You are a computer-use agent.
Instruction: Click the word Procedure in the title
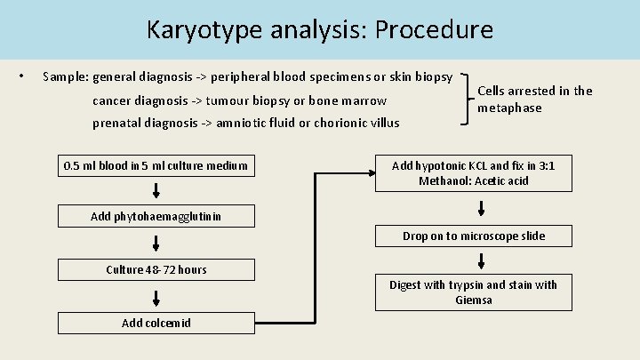pos(434,29)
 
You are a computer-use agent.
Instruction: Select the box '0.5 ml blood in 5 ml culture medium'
pos(156,164)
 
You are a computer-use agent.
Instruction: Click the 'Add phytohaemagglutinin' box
pos(156,216)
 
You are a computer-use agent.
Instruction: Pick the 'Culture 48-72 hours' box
pos(156,269)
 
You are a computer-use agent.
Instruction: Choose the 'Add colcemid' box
pos(156,322)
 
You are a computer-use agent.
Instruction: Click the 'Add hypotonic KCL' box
pos(473,172)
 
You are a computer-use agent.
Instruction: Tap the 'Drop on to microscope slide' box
pos(473,236)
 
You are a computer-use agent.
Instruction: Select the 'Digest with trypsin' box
pos(473,292)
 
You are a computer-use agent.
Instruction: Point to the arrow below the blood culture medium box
pos(156,190)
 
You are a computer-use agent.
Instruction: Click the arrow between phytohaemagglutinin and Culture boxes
pos(156,243)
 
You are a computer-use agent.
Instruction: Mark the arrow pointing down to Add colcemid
pos(156,295)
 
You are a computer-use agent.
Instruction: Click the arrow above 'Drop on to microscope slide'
pos(481,209)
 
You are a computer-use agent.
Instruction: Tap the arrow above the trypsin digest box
pos(481,261)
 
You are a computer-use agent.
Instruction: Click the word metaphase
pos(509,108)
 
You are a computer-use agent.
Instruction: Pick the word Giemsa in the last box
pos(473,300)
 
